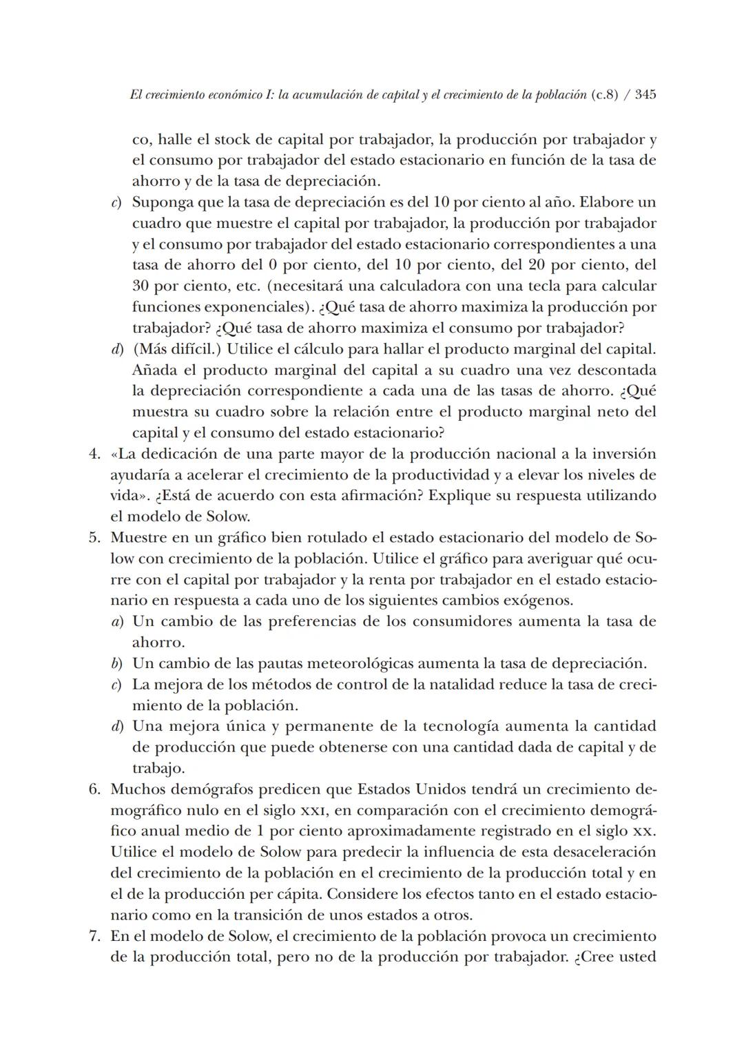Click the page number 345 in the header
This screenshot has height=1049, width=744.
(x=645, y=94)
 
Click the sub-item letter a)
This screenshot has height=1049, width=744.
(x=117, y=622)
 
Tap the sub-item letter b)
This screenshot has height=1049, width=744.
(x=117, y=664)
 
